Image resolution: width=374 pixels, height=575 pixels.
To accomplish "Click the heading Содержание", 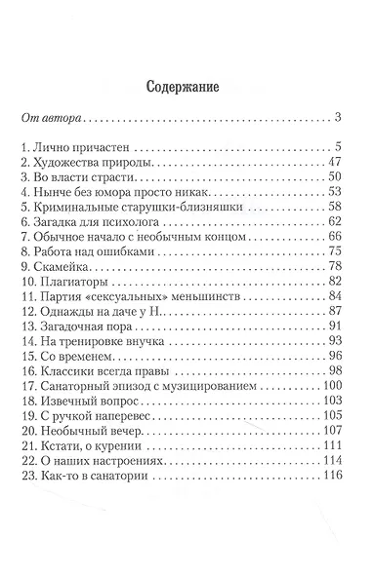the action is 187,84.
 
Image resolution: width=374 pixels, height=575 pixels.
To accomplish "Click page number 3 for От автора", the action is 335,120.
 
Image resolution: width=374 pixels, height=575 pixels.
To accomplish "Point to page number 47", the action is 332,163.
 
